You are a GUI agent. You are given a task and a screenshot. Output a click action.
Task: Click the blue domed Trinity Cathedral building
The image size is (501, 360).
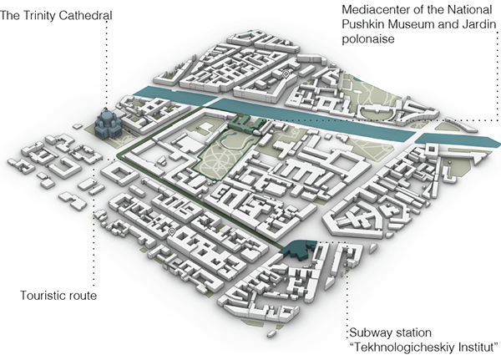108,128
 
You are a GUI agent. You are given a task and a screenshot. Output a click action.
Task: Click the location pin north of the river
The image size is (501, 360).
286,74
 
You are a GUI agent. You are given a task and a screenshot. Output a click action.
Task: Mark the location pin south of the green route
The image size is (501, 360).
171,231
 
